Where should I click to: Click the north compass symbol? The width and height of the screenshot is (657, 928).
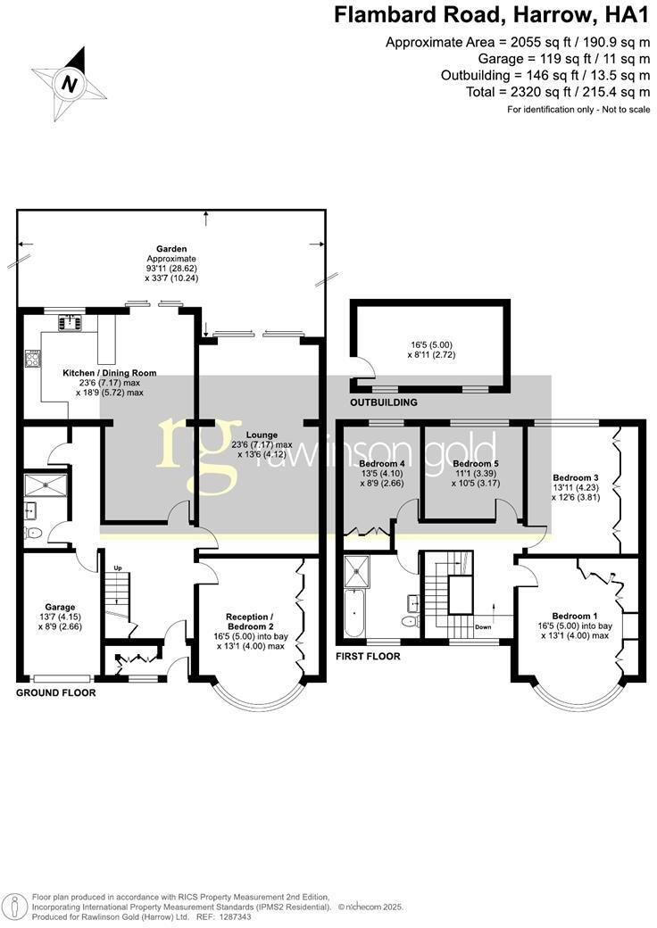(x=69, y=84)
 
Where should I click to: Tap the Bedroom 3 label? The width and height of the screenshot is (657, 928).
(x=576, y=477)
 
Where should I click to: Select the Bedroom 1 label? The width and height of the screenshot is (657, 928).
(x=575, y=617)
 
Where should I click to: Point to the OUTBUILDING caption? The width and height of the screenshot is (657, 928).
(x=384, y=403)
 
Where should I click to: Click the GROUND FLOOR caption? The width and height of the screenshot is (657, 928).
(x=56, y=692)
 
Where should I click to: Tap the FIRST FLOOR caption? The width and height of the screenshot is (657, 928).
(x=368, y=657)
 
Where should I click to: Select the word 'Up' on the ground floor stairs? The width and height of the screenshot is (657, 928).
(x=117, y=568)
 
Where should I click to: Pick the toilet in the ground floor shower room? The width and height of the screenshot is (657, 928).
(x=33, y=533)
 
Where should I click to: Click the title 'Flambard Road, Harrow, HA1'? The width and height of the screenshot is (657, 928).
(x=492, y=15)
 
